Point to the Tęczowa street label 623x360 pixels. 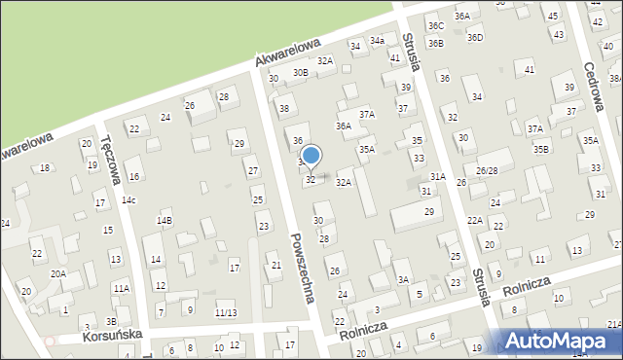pos(109,158)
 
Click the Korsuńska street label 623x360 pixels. pos(115,334)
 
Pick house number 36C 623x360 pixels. pos(435,25)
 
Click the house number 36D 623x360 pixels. pos(474,38)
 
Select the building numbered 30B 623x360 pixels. pos(301,72)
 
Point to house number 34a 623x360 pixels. pos(377,42)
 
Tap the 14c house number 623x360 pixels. pos(129,200)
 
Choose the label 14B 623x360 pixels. pos(165,221)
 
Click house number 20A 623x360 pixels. pos(58,274)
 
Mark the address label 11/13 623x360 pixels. pos(226,312)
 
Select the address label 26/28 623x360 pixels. pos(487,170)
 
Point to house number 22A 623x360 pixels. pos(474,221)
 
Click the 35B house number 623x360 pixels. pos(541,149)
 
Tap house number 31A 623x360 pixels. pos(438,176)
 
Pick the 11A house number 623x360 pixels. pos(121,289)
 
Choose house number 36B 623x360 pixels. pos(435,43)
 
